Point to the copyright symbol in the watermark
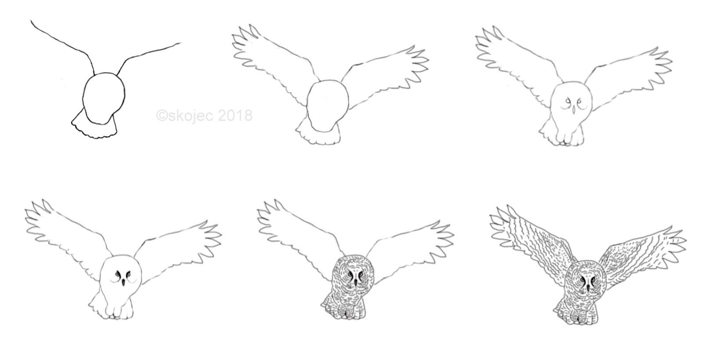[x=162, y=116]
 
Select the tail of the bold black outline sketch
[x=94, y=126]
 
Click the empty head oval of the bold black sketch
[x=104, y=98]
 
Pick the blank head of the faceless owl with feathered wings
[x=327, y=105]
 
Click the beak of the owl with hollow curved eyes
[x=572, y=109]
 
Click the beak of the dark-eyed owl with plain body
[x=124, y=282]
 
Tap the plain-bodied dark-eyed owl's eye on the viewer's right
[x=128, y=275]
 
